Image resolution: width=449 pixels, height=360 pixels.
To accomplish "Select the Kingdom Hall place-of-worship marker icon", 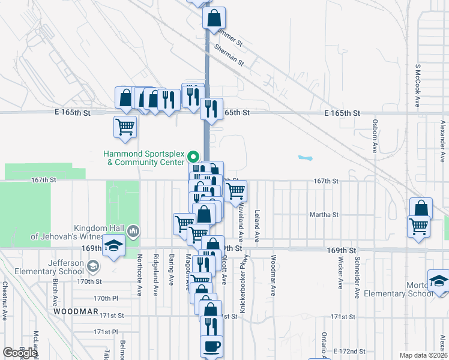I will click(133, 231).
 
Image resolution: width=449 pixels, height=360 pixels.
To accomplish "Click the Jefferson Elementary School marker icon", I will click(92, 266).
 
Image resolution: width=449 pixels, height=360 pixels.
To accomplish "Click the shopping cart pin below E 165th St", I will click(125, 127).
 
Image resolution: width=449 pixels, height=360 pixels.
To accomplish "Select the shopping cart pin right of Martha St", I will click(418, 226).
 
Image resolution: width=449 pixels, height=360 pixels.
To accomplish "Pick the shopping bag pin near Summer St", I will click(214, 19).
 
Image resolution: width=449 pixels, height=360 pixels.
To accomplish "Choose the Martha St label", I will click(324, 214).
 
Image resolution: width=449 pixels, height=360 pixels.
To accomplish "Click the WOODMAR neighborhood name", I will click(76, 312).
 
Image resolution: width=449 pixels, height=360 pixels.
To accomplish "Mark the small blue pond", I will click(306, 158).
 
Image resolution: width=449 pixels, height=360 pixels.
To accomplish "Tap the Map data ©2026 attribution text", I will click(423, 355).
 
